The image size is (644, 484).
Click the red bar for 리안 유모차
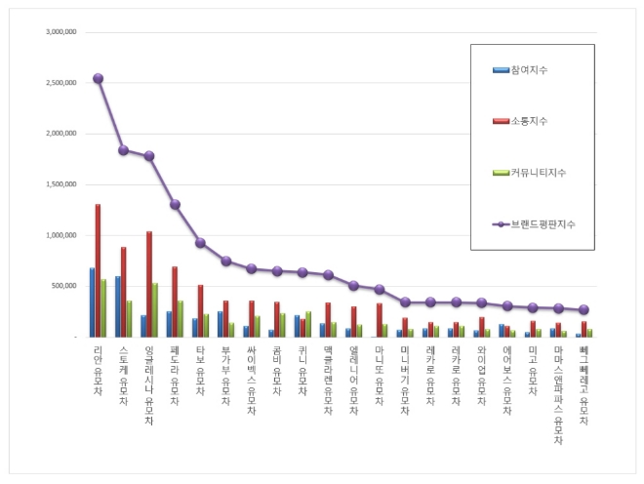98,270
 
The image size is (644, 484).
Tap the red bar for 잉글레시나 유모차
149,284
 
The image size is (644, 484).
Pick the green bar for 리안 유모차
103,308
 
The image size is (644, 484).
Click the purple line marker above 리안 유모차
98,78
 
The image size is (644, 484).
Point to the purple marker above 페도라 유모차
175,204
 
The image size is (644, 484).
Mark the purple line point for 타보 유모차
200,242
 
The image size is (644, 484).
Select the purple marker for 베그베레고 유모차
584,309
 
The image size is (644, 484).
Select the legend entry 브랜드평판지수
543,223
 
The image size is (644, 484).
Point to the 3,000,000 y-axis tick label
61,32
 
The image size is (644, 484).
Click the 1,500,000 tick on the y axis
61,184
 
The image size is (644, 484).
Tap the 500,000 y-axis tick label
65,286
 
